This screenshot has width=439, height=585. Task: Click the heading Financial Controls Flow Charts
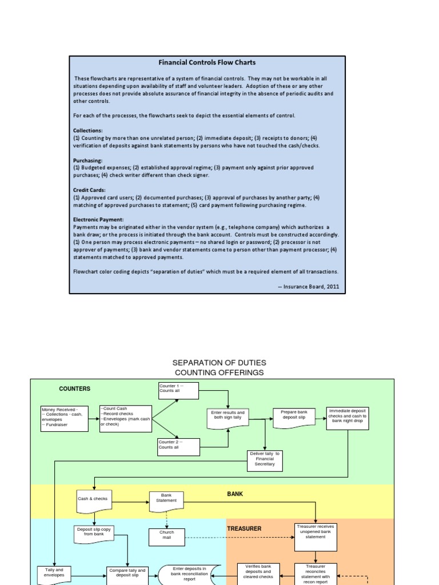click(x=206, y=62)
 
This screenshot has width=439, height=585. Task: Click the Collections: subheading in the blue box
click(x=88, y=130)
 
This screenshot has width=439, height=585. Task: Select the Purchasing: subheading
click(x=88, y=161)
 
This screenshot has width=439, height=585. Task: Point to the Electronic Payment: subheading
click(x=98, y=219)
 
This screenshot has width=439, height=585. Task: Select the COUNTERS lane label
click(x=75, y=389)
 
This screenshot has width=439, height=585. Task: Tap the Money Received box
click(x=65, y=418)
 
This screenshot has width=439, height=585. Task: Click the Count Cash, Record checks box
click(x=125, y=419)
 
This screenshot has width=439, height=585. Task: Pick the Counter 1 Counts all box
click(x=179, y=391)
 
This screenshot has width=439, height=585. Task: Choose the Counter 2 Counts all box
click(x=179, y=447)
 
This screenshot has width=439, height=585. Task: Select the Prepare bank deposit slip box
click(x=294, y=417)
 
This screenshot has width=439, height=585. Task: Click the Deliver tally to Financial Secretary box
click(x=265, y=460)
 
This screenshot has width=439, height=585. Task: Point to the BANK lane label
click(x=235, y=494)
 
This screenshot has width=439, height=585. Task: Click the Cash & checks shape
click(x=93, y=500)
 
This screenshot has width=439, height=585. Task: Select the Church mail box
click(x=166, y=535)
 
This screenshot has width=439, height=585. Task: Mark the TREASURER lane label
click(x=244, y=529)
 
